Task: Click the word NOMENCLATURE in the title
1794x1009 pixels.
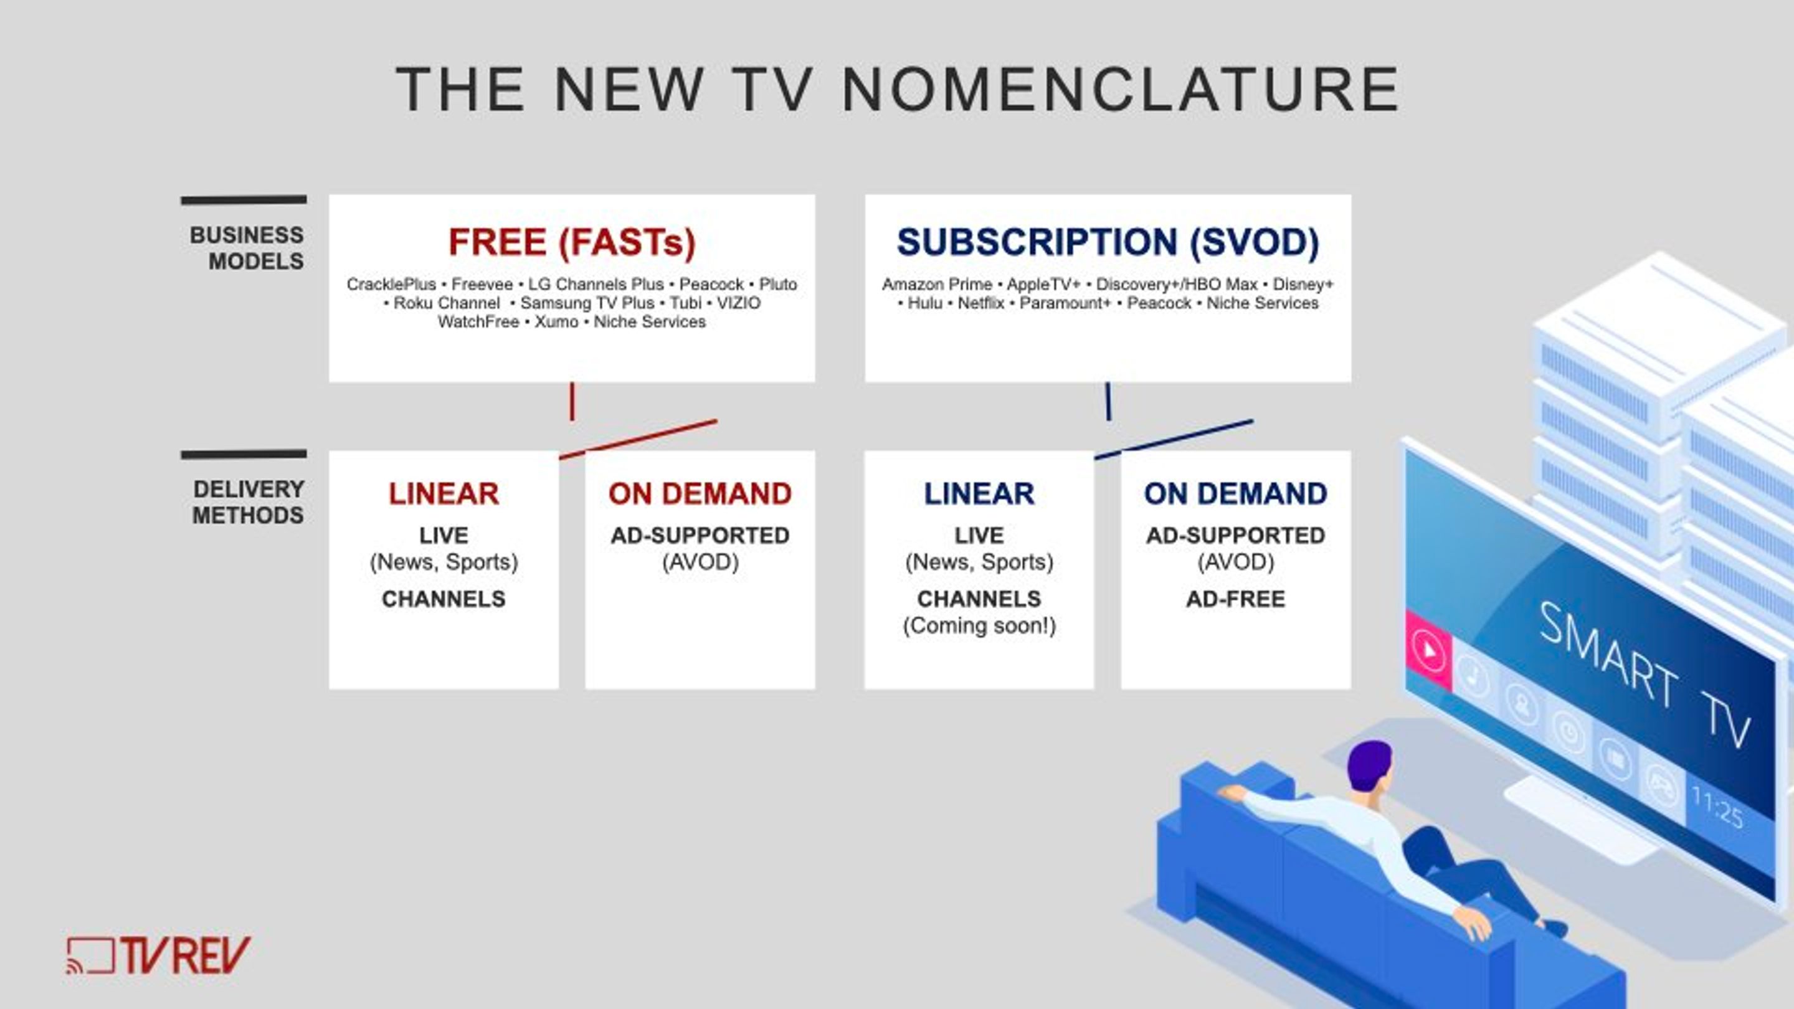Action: click(1121, 89)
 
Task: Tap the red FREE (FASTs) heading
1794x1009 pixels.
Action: click(572, 242)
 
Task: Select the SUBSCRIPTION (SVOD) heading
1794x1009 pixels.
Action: click(1108, 242)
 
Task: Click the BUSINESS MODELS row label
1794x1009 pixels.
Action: click(247, 248)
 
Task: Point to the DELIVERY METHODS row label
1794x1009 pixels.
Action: click(248, 502)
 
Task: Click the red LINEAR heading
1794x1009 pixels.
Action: click(444, 494)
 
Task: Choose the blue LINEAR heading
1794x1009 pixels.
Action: click(979, 494)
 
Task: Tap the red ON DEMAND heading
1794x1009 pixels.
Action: click(700, 494)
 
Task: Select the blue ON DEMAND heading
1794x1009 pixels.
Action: click(1235, 494)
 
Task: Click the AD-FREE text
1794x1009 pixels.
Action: click(1235, 599)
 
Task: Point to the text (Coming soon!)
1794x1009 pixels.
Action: click(979, 626)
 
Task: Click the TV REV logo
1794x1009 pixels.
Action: click(158, 955)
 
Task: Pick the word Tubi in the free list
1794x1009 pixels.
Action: click(685, 303)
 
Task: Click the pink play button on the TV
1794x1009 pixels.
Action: click(1428, 650)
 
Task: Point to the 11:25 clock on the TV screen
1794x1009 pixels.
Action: click(1717, 808)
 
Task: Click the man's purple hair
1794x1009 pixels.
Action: click(1369, 763)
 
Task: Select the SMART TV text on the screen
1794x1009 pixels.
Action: click(1644, 674)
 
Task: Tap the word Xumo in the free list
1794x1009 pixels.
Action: click(556, 322)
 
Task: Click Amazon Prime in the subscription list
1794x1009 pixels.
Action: click(937, 284)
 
